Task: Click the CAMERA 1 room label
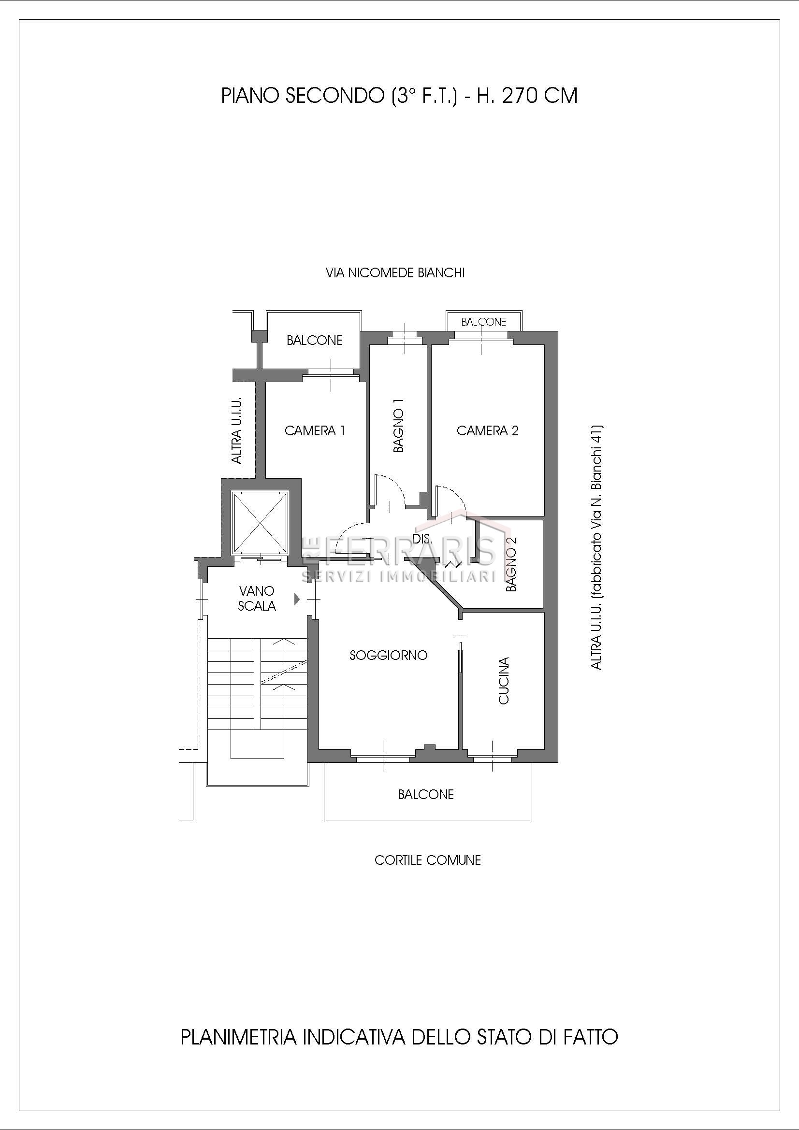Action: click(x=315, y=431)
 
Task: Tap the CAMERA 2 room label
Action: click(x=487, y=431)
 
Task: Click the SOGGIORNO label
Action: click(x=389, y=656)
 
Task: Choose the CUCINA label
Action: click(x=504, y=681)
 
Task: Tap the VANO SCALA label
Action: click(x=257, y=599)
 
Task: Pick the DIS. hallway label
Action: click(x=422, y=540)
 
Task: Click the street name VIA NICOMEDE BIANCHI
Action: click(x=395, y=273)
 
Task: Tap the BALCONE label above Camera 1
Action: click(x=315, y=341)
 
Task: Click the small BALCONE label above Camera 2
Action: click(x=483, y=322)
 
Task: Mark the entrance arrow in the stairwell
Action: click(x=297, y=599)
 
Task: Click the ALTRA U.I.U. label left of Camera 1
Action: click(x=237, y=430)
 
